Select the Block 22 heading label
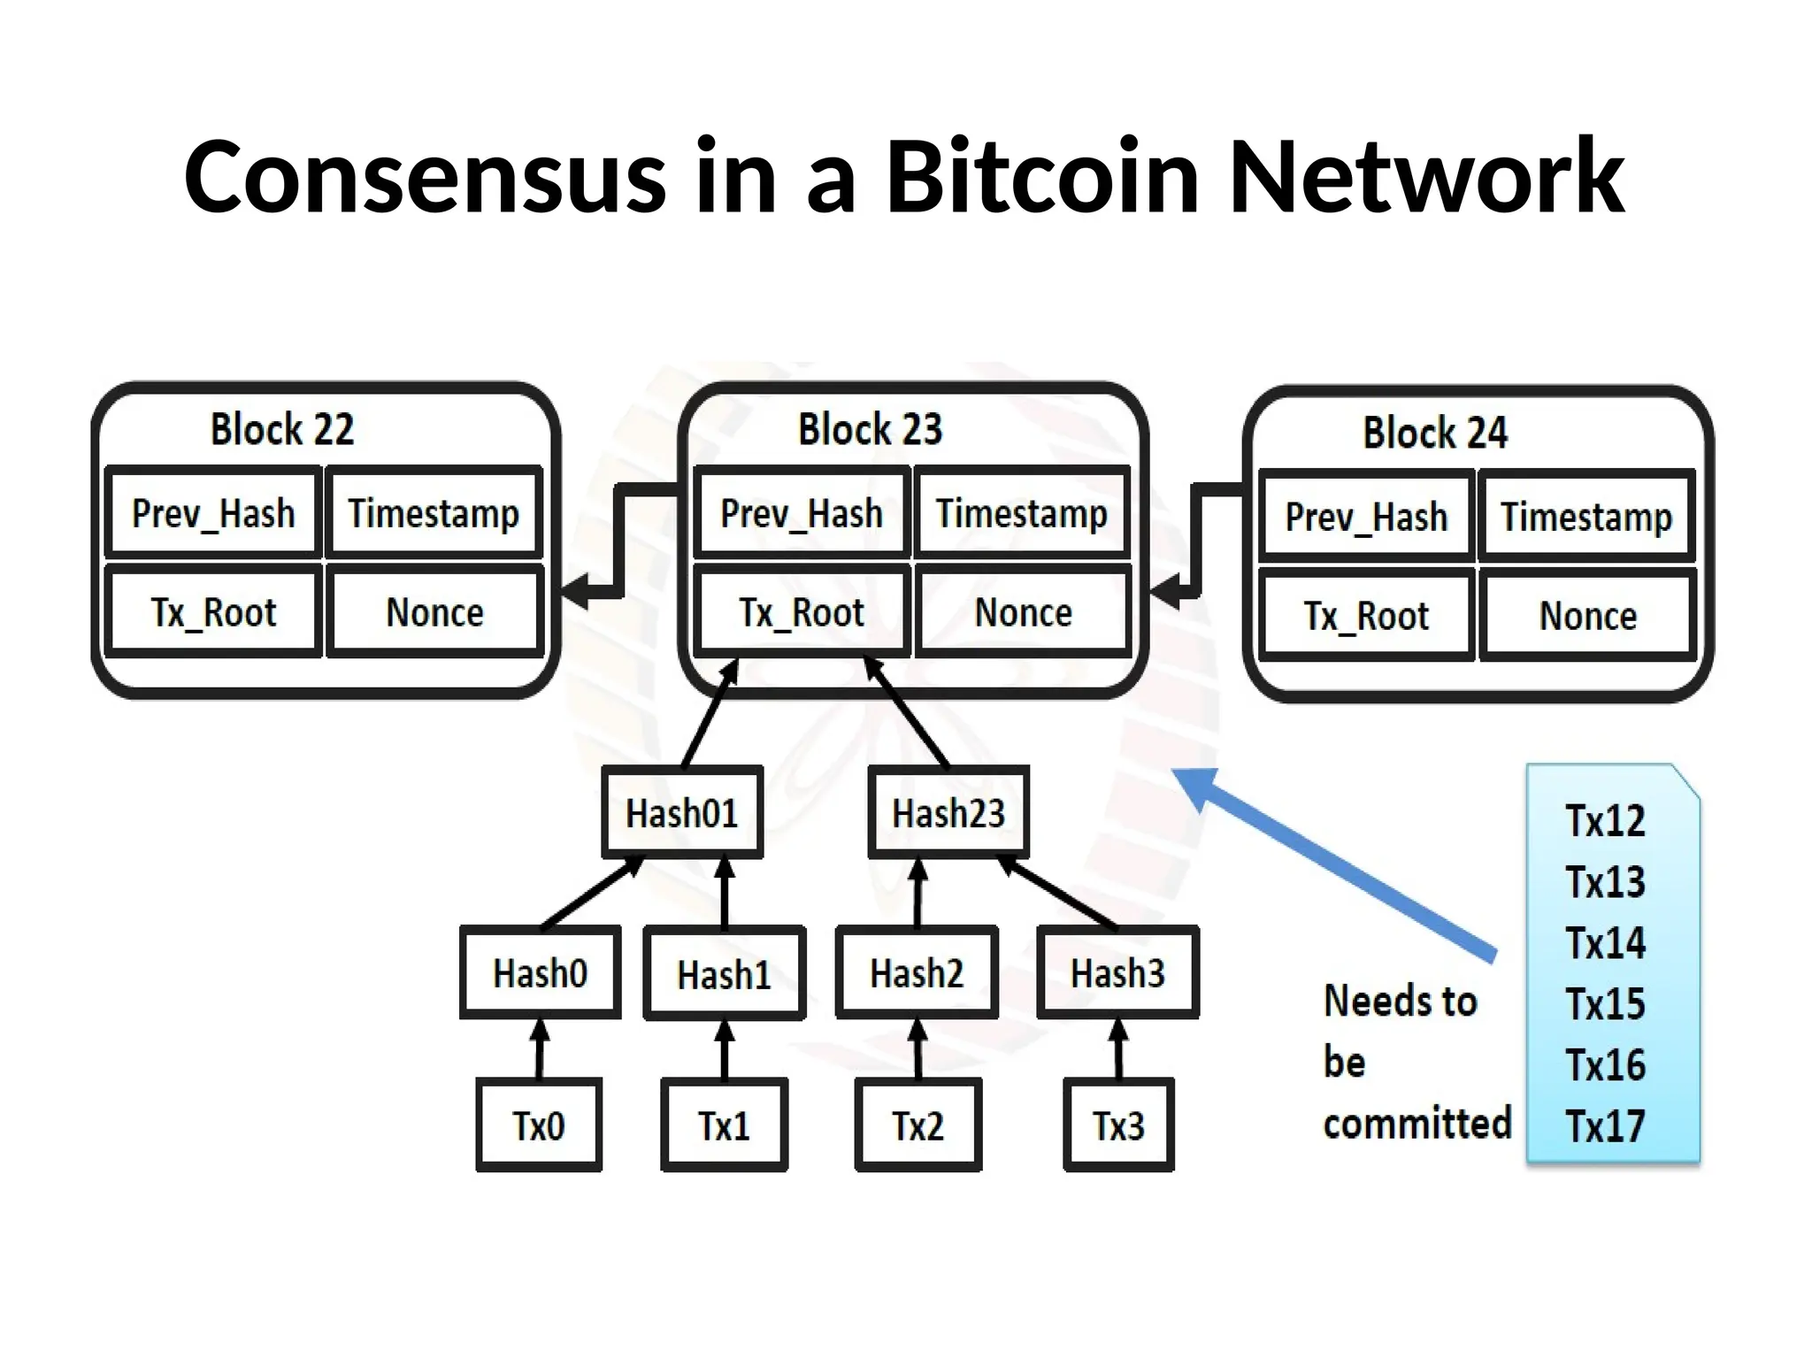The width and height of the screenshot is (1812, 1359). tap(281, 429)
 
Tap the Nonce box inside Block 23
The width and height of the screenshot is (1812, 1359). tap(1023, 612)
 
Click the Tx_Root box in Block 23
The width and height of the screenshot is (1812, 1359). tap(802, 612)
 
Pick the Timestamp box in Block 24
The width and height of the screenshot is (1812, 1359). tap(1586, 517)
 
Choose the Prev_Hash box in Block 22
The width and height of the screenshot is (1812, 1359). tap(212, 513)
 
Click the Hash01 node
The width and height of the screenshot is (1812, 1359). tap(681, 813)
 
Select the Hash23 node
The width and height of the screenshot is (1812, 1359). tap(948, 813)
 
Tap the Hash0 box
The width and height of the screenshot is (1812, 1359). tap(540, 973)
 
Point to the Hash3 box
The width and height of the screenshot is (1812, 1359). tap(1117, 973)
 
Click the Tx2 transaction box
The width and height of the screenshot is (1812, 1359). tap(918, 1125)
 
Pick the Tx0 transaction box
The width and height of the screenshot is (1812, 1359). tap(538, 1125)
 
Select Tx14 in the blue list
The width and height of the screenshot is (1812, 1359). tap(1605, 943)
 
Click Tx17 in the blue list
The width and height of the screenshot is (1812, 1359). tap(1605, 1126)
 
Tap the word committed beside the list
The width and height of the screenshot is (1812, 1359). tap(1417, 1124)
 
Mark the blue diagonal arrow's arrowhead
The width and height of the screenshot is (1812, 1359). tap(1196, 787)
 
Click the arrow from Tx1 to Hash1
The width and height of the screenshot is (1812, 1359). tap(725, 1050)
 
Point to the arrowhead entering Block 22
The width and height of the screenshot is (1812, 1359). tap(577, 590)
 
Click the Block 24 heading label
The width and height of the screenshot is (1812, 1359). tap(1434, 433)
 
